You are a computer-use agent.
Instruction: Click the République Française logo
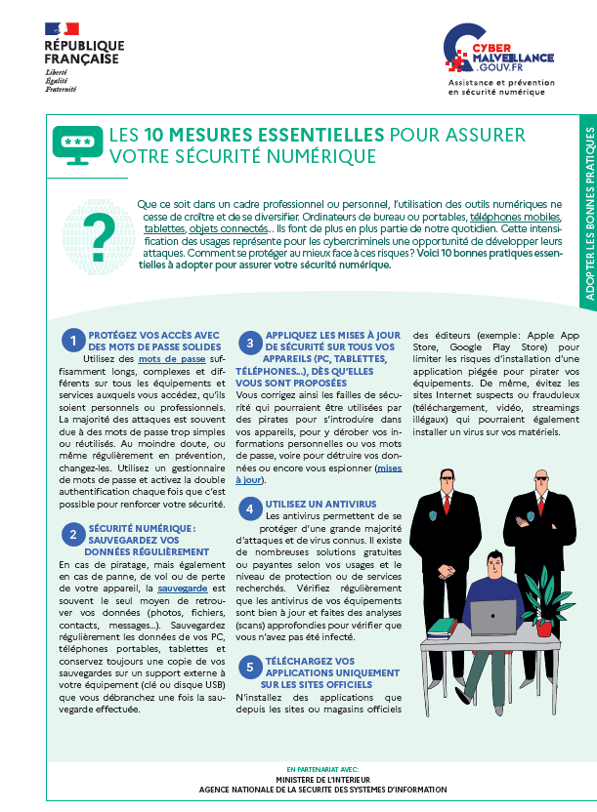[x=83, y=55]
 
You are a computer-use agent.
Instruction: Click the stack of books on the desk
[x=442, y=628]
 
